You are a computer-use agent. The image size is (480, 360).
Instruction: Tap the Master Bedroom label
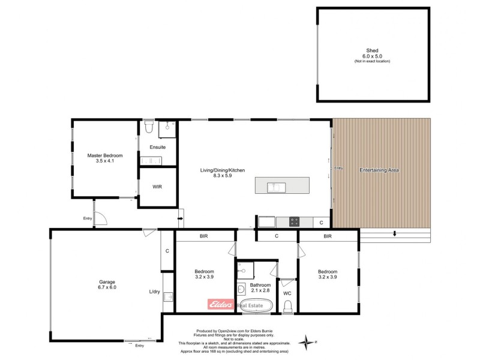[x=101, y=155]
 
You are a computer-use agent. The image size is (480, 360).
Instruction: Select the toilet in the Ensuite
[x=149, y=127]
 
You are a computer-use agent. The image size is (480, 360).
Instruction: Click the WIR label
[x=157, y=187]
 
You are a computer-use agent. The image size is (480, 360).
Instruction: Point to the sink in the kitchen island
[x=276, y=186]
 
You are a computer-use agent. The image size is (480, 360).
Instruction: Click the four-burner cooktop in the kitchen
[x=295, y=221]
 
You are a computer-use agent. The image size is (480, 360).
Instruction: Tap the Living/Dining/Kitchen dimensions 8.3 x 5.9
[x=223, y=176]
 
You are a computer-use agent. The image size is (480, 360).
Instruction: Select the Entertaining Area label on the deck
[x=379, y=170]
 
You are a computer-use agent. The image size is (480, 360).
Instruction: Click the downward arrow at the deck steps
[x=394, y=234]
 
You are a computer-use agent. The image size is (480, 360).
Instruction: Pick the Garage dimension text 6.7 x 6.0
[x=107, y=287]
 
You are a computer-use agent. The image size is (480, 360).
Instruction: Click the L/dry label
[x=154, y=292]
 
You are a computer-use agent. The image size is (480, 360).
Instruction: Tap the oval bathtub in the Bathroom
[x=256, y=305]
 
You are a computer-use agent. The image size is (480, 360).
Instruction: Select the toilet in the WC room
[x=287, y=307]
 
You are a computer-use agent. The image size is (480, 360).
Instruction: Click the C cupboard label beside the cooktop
[x=322, y=222]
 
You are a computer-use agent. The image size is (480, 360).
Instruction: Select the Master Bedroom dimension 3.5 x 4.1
[x=101, y=161]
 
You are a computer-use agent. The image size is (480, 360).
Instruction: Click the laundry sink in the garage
[x=168, y=296]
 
